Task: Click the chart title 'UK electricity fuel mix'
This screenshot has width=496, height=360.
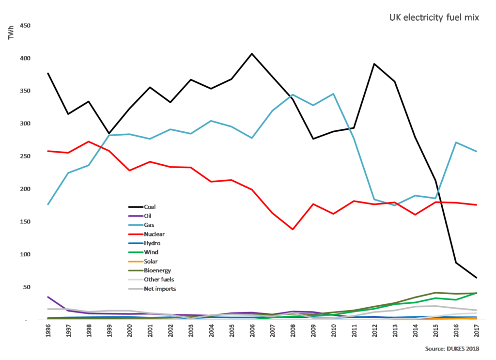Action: (434, 18)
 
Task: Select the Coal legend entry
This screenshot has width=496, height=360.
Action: (150, 206)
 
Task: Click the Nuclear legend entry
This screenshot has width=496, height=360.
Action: (154, 234)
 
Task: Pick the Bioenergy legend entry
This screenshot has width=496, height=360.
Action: (157, 270)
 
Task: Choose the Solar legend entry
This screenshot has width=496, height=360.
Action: (151, 261)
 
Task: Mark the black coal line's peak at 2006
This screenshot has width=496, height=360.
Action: (252, 54)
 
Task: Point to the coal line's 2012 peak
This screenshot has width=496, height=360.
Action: (374, 64)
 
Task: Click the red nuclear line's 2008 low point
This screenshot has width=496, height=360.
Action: (293, 229)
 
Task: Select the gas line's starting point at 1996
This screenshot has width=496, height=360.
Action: (47, 204)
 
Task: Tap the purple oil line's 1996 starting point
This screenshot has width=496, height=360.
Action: (47, 297)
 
